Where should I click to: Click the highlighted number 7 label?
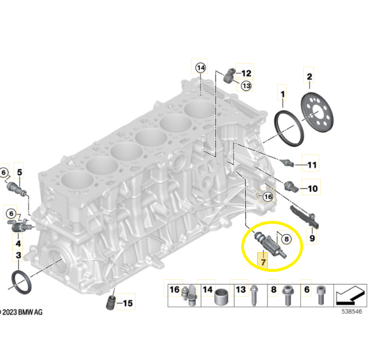click(x=263, y=262)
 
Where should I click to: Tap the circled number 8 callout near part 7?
click(x=286, y=239)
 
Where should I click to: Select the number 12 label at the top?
click(x=246, y=73)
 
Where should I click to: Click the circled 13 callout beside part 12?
click(x=246, y=86)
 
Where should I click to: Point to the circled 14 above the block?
click(x=201, y=68)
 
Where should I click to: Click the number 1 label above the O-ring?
click(x=282, y=94)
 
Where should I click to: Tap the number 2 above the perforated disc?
click(x=309, y=77)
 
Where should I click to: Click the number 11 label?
click(x=312, y=165)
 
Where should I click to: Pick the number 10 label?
click(x=312, y=188)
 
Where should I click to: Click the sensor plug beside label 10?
click(x=291, y=186)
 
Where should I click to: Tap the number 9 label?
click(x=312, y=238)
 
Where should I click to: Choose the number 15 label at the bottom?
click(x=128, y=303)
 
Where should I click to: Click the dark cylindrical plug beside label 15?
click(x=111, y=303)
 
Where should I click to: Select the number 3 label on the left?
click(x=18, y=255)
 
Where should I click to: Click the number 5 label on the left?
click(x=19, y=172)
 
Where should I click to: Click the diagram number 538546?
click(x=352, y=311)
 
